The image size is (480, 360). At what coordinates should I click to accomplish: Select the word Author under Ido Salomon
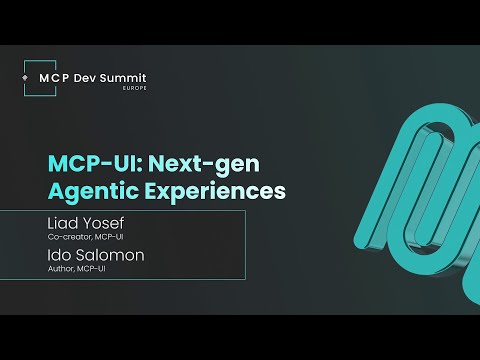[x=60, y=271]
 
